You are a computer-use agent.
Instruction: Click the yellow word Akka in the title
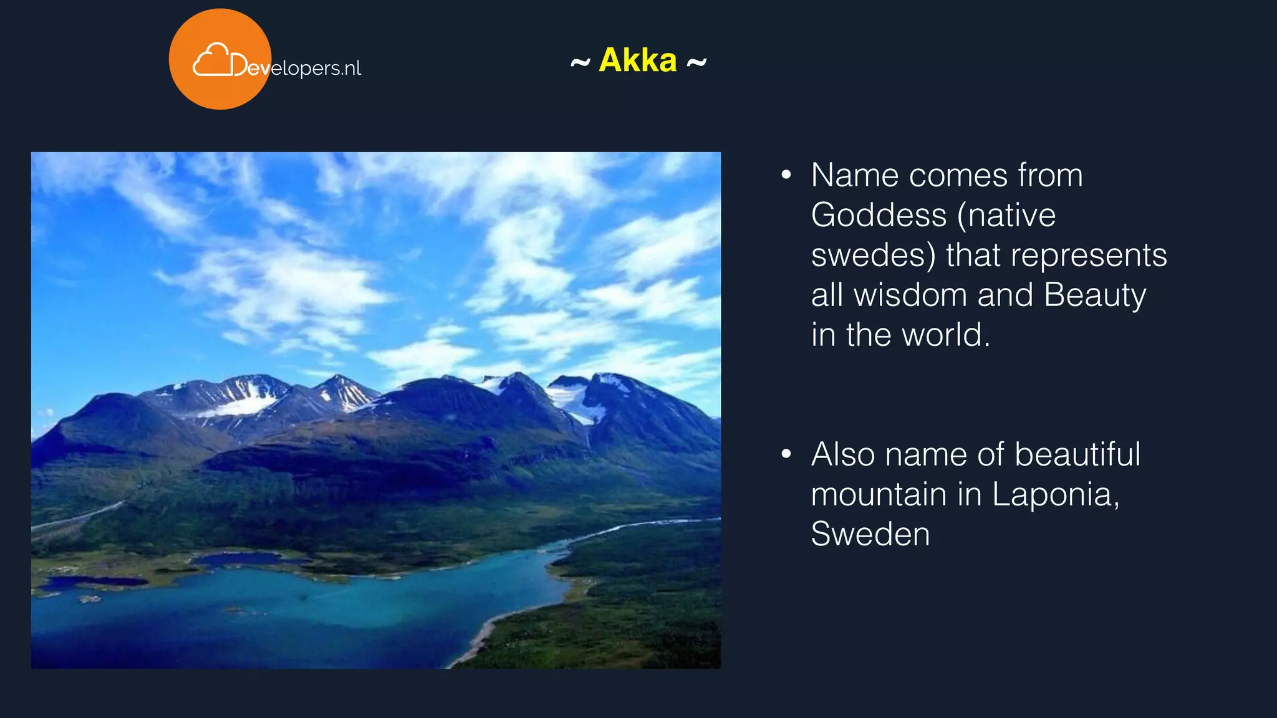pos(637,60)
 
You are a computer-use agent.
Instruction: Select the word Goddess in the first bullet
pos(879,216)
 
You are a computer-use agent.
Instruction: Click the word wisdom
pos(910,295)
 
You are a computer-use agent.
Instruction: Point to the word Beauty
pos(1095,295)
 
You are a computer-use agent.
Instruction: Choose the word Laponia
pos(1055,494)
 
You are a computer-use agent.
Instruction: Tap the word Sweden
pos(870,534)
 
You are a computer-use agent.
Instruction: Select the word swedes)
pos(873,256)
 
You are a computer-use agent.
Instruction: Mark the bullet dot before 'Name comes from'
pos(786,175)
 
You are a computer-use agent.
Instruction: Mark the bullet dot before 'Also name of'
pos(786,454)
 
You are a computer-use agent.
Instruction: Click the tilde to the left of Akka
pos(580,62)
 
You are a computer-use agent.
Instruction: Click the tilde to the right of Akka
pos(696,62)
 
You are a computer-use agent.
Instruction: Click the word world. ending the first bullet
pos(946,335)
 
